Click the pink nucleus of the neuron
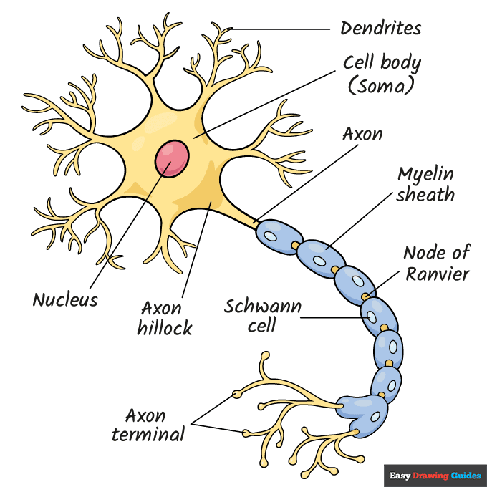[173, 158]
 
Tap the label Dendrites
[380, 29]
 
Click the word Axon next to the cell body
[362, 134]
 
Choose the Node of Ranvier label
[436, 264]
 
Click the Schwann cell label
[262, 317]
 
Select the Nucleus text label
[64, 299]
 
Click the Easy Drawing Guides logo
[435, 475]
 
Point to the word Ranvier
[438, 274]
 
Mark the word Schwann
[262, 307]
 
